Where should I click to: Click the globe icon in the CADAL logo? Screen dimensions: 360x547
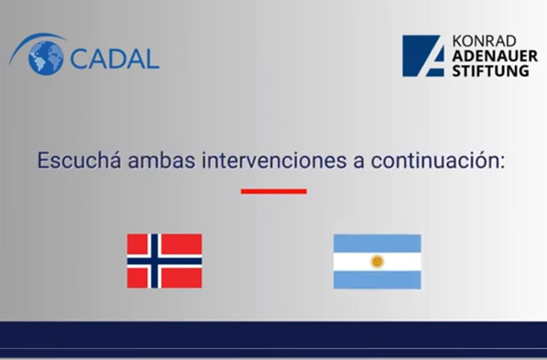pyautogui.click(x=45, y=57)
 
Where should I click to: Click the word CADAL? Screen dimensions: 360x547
pyautogui.click(x=114, y=59)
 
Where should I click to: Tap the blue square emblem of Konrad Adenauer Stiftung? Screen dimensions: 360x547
pyautogui.click(x=424, y=55)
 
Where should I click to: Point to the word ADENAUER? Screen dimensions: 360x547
pyautogui.click(x=494, y=56)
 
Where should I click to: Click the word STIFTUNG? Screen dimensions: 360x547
pyautogui.click(x=494, y=70)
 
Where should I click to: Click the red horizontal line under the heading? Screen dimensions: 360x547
pyautogui.click(x=273, y=191)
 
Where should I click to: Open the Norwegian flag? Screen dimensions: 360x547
pyautogui.click(x=164, y=261)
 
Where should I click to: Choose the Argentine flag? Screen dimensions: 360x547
pyautogui.click(x=377, y=261)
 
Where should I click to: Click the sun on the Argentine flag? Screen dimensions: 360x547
pyautogui.click(x=377, y=261)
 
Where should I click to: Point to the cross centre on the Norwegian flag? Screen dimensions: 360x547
pyautogui.click(x=154, y=261)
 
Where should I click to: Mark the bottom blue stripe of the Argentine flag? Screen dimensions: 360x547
pyautogui.click(x=377, y=280)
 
